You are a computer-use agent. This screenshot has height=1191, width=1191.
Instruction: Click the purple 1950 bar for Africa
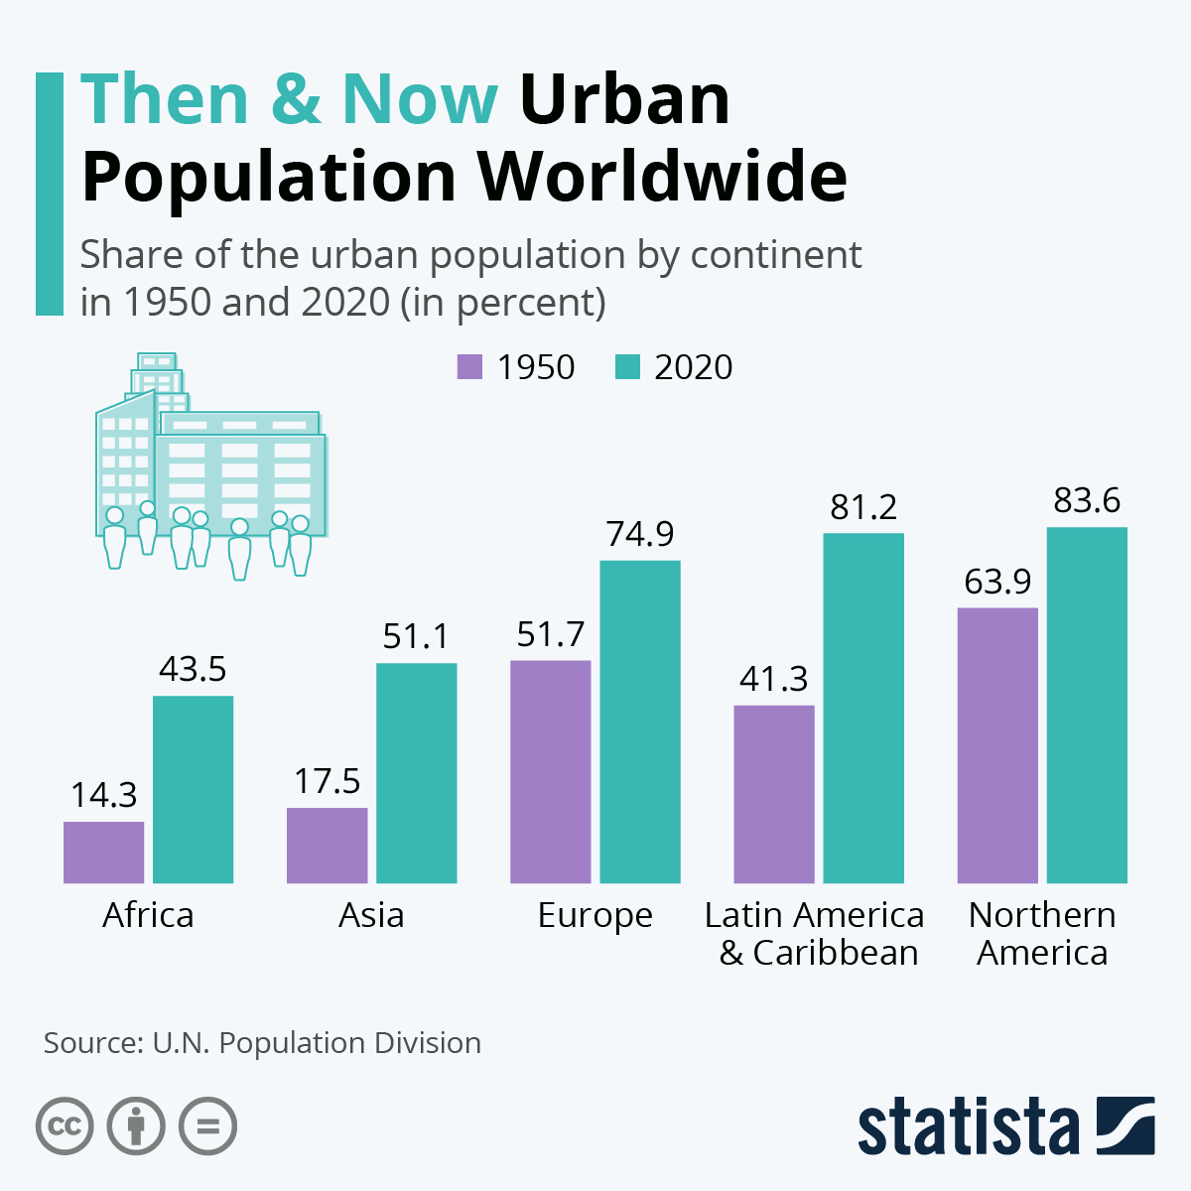103,852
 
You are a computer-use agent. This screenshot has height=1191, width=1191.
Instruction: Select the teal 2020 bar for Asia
416,772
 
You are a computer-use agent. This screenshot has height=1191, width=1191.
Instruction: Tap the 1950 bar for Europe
550,771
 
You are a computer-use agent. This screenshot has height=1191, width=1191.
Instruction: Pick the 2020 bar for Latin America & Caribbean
863,708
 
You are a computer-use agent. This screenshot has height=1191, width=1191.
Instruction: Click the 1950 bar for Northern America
996,744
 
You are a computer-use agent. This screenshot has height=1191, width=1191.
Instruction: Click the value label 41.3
773,679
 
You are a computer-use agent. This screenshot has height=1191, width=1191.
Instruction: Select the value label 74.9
639,534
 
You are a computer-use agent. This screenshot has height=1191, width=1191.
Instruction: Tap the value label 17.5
327,781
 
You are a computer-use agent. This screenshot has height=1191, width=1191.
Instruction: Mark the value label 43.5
193,669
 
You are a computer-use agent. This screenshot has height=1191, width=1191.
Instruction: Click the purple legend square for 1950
469,366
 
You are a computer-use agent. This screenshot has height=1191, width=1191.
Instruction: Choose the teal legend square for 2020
627,366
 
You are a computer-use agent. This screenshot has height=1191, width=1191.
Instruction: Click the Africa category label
148,914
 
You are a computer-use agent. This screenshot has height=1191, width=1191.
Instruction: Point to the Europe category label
595,915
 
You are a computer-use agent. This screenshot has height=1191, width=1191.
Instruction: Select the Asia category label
371,914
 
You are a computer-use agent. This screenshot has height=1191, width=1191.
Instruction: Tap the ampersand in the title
295,99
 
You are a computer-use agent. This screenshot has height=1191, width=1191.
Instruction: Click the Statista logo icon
1125,1125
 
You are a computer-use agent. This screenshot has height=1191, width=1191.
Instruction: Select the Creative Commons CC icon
66,1126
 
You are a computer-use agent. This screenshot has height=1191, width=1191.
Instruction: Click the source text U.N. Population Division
317,1043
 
